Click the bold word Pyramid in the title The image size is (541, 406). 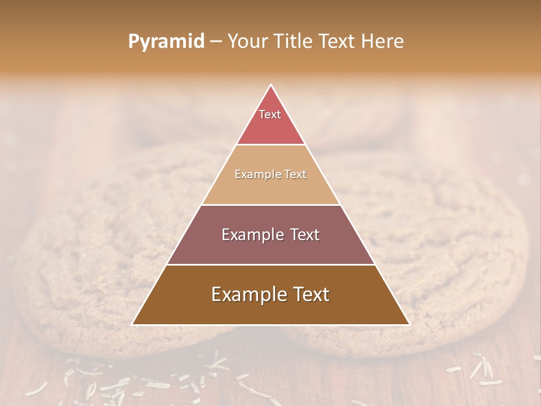coord(166,42)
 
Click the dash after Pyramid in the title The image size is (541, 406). coord(216,42)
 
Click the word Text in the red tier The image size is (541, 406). coord(270,114)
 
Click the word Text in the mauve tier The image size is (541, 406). coord(305,235)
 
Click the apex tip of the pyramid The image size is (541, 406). coord(270,86)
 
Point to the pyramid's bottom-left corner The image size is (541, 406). coord(133,324)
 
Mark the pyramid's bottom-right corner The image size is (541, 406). coord(409,324)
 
